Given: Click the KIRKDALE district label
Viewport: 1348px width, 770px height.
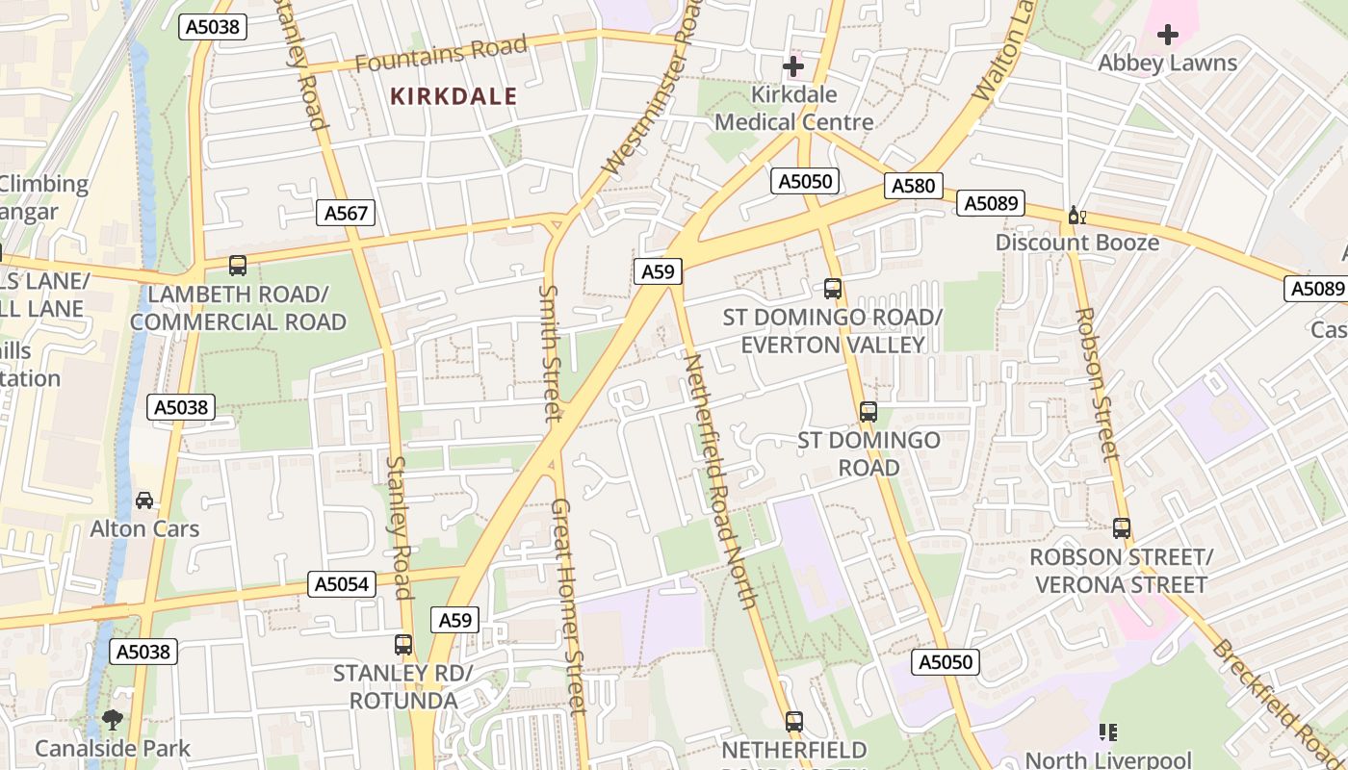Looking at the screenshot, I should (454, 96).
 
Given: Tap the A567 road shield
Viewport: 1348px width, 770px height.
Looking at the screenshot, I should (346, 213).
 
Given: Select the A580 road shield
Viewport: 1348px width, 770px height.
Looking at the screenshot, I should (913, 186).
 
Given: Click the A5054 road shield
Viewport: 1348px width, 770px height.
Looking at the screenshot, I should (341, 584).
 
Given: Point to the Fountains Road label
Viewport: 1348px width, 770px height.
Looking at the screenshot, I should (441, 54).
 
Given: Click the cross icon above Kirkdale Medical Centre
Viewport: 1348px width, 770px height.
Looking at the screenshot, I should (793, 66).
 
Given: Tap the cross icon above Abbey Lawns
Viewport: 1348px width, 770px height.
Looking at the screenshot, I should (1168, 36).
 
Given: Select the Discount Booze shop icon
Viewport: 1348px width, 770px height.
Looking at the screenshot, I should (1076, 216).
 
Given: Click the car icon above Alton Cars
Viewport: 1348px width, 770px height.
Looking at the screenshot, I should (144, 500).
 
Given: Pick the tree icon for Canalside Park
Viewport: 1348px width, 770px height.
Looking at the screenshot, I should (113, 719).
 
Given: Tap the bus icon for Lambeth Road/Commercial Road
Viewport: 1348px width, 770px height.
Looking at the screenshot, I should (238, 266).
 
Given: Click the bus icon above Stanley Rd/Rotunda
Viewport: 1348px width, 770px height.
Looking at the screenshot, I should (403, 645).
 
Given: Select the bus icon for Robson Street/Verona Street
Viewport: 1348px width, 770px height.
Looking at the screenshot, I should (1122, 527).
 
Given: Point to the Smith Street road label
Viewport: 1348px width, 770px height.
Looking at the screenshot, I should (550, 352).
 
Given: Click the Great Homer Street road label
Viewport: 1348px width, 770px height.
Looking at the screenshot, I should (568, 606).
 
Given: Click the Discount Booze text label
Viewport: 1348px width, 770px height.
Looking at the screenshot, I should (1076, 243).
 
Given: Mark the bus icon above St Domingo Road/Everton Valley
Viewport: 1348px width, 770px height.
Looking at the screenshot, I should (833, 288).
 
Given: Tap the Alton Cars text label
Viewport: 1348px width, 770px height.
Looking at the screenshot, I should (144, 528).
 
